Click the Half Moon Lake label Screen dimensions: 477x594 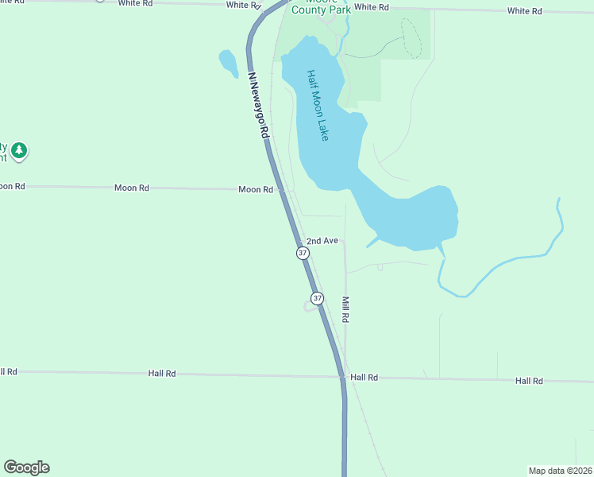317,106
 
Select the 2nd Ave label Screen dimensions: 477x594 322,240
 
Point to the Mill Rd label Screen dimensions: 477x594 345,309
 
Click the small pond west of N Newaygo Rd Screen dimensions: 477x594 228,63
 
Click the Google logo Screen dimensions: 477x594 26,467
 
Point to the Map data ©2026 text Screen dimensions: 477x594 560,470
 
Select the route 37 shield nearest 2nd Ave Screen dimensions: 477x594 303,253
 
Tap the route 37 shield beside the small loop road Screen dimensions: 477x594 318,298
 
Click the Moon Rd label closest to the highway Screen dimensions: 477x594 256,190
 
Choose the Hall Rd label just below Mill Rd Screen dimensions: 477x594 364,378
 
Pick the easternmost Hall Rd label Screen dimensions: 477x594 528,381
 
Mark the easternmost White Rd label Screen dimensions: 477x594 524,11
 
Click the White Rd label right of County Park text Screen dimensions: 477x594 372,7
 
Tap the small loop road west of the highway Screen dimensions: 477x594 308,307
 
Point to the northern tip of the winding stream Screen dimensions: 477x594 559,200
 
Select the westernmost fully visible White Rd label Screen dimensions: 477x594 135,3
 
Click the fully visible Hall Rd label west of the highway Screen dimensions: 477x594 162,373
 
